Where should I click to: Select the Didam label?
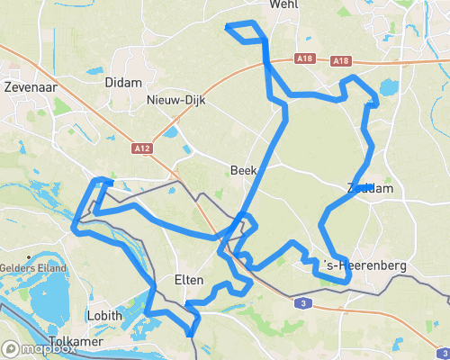(124, 82)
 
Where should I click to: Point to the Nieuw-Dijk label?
(177, 101)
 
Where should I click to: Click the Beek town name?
(244, 170)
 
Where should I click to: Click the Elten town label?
(189, 282)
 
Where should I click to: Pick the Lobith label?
(105, 316)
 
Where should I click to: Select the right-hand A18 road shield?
(340, 61)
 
